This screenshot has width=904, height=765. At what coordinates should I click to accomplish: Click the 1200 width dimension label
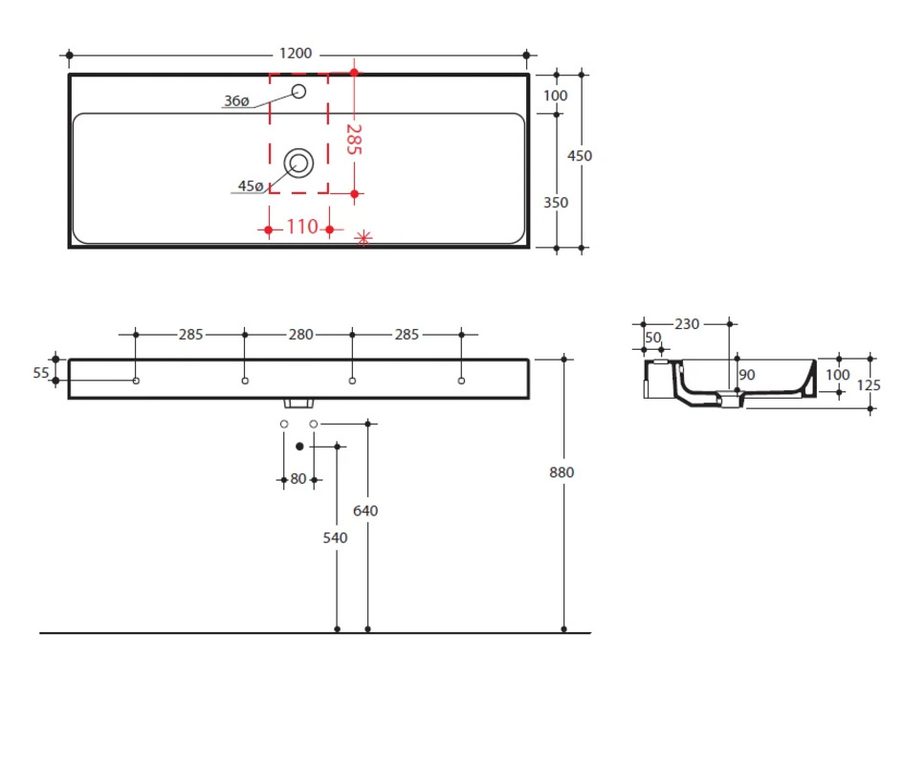[x=296, y=54]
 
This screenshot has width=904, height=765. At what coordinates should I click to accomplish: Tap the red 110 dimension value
[x=302, y=227]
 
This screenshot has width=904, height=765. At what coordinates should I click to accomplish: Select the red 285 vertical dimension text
[x=353, y=140]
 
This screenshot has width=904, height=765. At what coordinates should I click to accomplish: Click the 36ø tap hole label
[x=236, y=101]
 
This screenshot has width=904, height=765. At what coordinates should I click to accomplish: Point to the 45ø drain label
[x=251, y=186]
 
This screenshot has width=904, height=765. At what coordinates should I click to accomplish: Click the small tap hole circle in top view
[x=298, y=91]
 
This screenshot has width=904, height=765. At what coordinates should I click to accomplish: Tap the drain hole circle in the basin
[x=298, y=164]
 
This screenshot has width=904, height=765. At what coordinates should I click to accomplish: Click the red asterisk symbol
[x=364, y=237]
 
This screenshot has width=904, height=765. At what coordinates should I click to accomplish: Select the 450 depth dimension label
[x=580, y=156]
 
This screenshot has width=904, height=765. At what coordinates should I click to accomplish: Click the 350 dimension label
[x=556, y=203]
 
